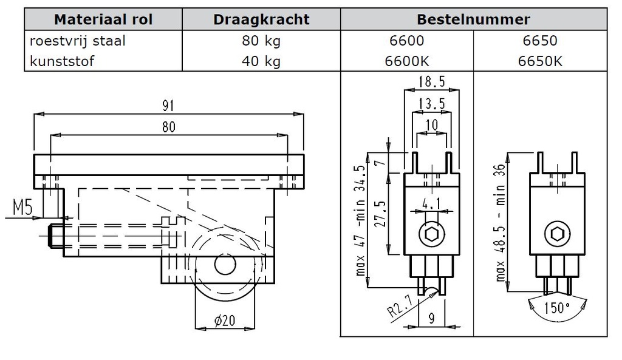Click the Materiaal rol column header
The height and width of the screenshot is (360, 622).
pos(103,19)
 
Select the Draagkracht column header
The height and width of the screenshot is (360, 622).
pos(261,19)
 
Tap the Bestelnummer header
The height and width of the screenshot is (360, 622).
pos(473,19)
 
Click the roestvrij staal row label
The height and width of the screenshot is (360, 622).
pos(78,41)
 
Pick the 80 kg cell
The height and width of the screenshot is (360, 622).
pos(261,41)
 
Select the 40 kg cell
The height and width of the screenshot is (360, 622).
pos(261,61)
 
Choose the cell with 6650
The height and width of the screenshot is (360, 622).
pos(539,41)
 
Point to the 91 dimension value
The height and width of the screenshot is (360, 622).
pos(168,106)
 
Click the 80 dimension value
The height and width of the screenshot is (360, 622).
pos(168,127)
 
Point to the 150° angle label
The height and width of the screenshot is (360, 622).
pos(557,309)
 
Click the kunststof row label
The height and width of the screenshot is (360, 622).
pos(62,61)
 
